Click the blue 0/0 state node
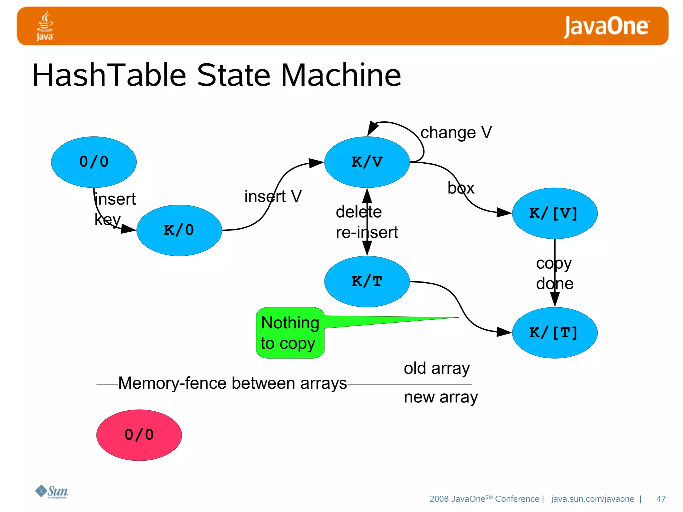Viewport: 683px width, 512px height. click(x=94, y=162)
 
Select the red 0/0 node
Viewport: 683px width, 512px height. click(x=139, y=435)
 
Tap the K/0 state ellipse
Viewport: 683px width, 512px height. click(x=179, y=230)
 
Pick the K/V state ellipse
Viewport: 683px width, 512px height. click(x=367, y=162)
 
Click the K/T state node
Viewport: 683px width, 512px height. click(x=367, y=282)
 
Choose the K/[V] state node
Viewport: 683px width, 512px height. click(x=555, y=213)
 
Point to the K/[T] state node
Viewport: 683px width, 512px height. click(x=555, y=333)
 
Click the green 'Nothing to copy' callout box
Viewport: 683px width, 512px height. click(x=290, y=333)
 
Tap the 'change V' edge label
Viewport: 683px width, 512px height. click(x=456, y=133)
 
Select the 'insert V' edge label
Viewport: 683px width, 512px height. click(x=273, y=196)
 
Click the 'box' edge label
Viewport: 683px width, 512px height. click(x=461, y=188)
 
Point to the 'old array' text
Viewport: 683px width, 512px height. click(x=437, y=368)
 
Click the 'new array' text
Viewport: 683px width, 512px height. click(x=441, y=397)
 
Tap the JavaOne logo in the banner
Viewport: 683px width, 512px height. click(x=606, y=26)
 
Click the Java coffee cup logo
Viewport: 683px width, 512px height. click(x=45, y=26)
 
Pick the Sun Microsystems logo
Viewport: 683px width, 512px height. click(x=52, y=492)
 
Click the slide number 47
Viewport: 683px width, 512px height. click(x=661, y=499)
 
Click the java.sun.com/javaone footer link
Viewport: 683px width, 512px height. click(x=592, y=499)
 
